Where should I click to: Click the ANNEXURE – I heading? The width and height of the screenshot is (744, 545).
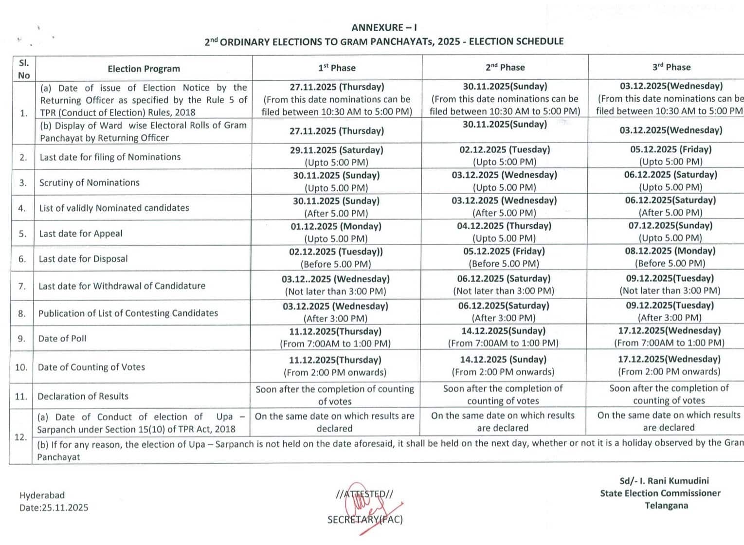point(384,28)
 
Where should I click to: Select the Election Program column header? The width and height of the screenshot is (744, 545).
point(144,69)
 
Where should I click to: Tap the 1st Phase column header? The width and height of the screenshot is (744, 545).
point(337,68)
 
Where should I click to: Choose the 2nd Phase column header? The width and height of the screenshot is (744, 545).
point(505,67)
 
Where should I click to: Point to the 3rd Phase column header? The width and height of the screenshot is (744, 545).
point(671,67)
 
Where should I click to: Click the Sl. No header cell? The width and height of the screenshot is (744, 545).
point(24,69)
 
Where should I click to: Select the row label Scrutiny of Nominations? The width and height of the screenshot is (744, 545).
point(90,182)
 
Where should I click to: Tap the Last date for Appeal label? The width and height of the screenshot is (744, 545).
point(81,234)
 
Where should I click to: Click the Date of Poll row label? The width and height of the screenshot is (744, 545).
point(62,338)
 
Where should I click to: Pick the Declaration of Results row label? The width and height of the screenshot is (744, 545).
point(83,396)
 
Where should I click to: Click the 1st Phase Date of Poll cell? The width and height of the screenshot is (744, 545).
point(335,337)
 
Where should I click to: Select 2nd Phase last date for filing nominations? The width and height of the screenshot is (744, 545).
point(505,155)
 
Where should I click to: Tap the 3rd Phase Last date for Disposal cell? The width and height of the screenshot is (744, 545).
point(670,257)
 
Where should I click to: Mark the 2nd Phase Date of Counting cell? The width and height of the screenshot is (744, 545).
point(503,365)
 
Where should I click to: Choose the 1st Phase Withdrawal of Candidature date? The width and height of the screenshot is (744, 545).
point(335,285)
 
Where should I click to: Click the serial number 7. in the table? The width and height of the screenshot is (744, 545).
point(22,286)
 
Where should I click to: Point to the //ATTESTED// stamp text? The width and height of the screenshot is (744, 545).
point(364,494)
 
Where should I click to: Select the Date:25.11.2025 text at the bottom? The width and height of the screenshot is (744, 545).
point(54,508)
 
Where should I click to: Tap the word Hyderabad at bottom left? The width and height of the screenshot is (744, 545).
point(42,495)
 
